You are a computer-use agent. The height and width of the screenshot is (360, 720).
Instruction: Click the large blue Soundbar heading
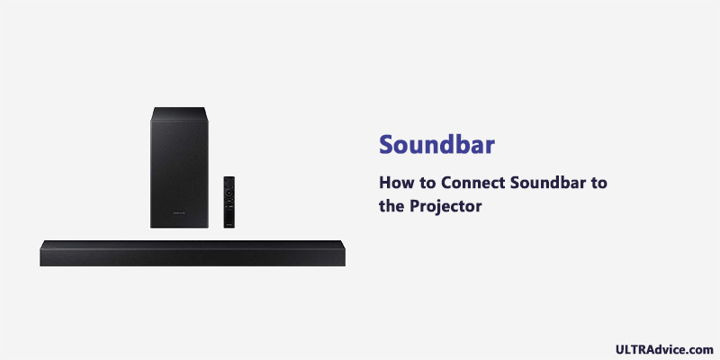pyautogui.click(x=436, y=144)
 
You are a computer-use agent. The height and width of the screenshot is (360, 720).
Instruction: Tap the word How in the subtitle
pyautogui.click(x=395, y=183)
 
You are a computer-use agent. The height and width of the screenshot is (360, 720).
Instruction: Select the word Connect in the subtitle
pyautogui.click(x=473, y=183)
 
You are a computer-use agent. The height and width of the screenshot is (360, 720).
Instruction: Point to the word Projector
pyautogui.click(x=445, y=207)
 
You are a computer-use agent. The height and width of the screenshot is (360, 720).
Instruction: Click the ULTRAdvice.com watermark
pyautogui.click(x=664, y=349)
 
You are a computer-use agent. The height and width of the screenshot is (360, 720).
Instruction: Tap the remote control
pyautogui.click(x=229, y=202)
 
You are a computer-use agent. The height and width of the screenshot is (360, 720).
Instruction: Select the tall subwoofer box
pyautogui.click(x=179, y=167)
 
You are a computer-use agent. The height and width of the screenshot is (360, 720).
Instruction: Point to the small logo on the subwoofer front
pyautogui.click(x=179, y=213)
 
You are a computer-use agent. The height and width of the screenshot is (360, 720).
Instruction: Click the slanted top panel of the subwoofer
pyautogui.click(x=179, y=114)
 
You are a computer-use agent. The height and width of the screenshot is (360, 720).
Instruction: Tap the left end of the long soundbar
pyautogui.click(x=40, y=253)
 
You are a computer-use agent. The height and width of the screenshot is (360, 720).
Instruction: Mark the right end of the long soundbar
pyautogui.click(x=345, y=253)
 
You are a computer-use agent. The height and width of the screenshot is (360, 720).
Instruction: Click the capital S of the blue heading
pyautogui.click(x=387, y=145)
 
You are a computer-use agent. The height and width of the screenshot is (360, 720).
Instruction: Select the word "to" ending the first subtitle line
pyautogui.click(x=598, y=184)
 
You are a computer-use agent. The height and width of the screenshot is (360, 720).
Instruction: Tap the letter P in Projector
pyautogui.click(x=415, y=206)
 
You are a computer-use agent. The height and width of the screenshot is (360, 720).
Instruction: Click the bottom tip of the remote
pyautogui.click(x=229, y=228)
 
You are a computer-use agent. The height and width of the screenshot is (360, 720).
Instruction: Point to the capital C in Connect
pyautogui.click(x=446, y=183)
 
